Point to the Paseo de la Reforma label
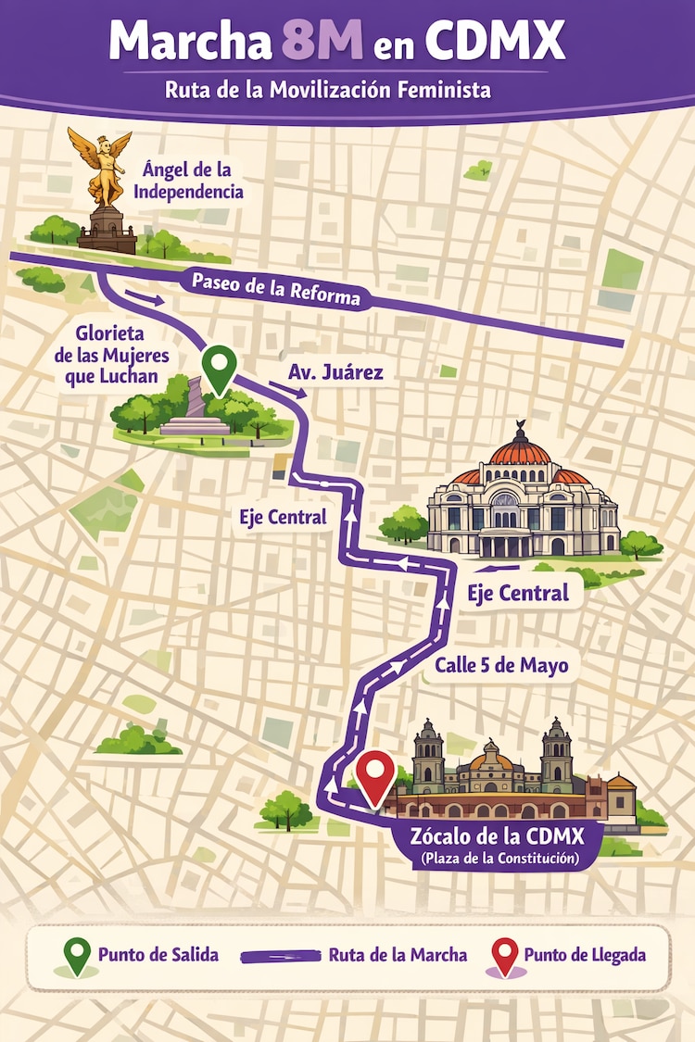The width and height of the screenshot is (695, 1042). coord(274,290)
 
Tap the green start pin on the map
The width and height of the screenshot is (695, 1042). coord(219,368)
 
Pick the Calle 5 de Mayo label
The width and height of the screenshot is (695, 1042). coord(500,665)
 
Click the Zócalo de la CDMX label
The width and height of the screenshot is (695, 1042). coord(499,836)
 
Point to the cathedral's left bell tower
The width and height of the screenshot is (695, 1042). coord(428,753)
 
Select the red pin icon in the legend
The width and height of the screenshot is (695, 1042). coord(505,955)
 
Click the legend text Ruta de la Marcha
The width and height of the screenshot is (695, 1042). coord(398,955)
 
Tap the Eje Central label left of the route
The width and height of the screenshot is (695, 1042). coord(284,517)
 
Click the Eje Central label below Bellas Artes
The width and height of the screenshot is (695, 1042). coord(518,593)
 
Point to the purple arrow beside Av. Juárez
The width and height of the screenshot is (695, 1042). coord(286,387)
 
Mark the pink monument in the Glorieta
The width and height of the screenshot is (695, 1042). coord(195,399)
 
